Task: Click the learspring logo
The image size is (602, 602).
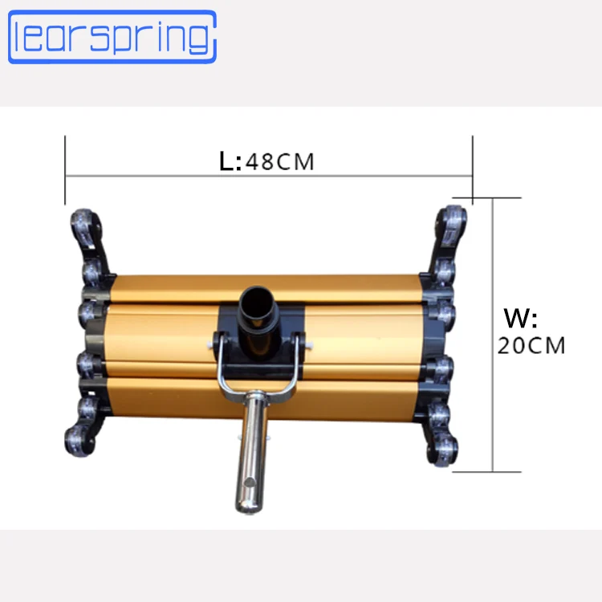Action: click(x=112, y=37)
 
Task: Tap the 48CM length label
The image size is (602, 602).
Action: click(x=280, y=161)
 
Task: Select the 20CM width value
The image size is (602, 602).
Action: click(x=531, y=345)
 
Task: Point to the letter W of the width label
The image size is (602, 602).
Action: click(x=516, y=318)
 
